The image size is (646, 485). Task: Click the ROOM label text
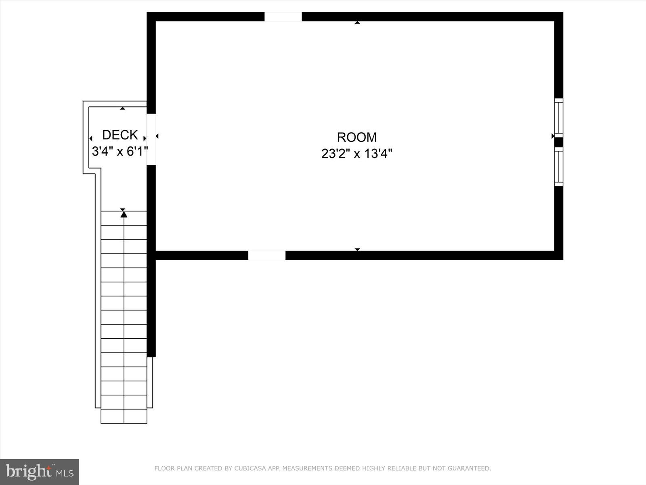coord(357,137)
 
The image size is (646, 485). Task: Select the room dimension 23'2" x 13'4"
coord(357,154)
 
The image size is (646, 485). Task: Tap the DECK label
coord(120,135)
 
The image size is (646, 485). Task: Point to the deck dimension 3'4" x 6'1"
coord(120,152)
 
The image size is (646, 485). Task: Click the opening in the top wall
coord(283,17)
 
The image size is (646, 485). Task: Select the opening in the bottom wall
coord(266,255)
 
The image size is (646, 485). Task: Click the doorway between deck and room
coord(151,139)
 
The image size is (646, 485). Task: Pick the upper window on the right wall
coord(558,118)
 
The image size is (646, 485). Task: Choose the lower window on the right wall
coord(558,166)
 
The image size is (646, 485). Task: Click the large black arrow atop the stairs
coord(124,214)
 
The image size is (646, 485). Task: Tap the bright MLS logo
coord(39,472)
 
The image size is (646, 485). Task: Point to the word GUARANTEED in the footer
coord(468,469)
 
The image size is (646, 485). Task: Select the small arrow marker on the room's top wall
coord(357,23)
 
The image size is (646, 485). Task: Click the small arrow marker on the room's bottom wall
coord(357,249)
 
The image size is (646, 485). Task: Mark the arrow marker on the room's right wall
coord(553,137)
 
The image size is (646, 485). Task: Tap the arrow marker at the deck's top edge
coord(123,108)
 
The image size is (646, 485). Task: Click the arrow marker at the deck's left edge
coord(91,139)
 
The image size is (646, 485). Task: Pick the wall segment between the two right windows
coord(558,142)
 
